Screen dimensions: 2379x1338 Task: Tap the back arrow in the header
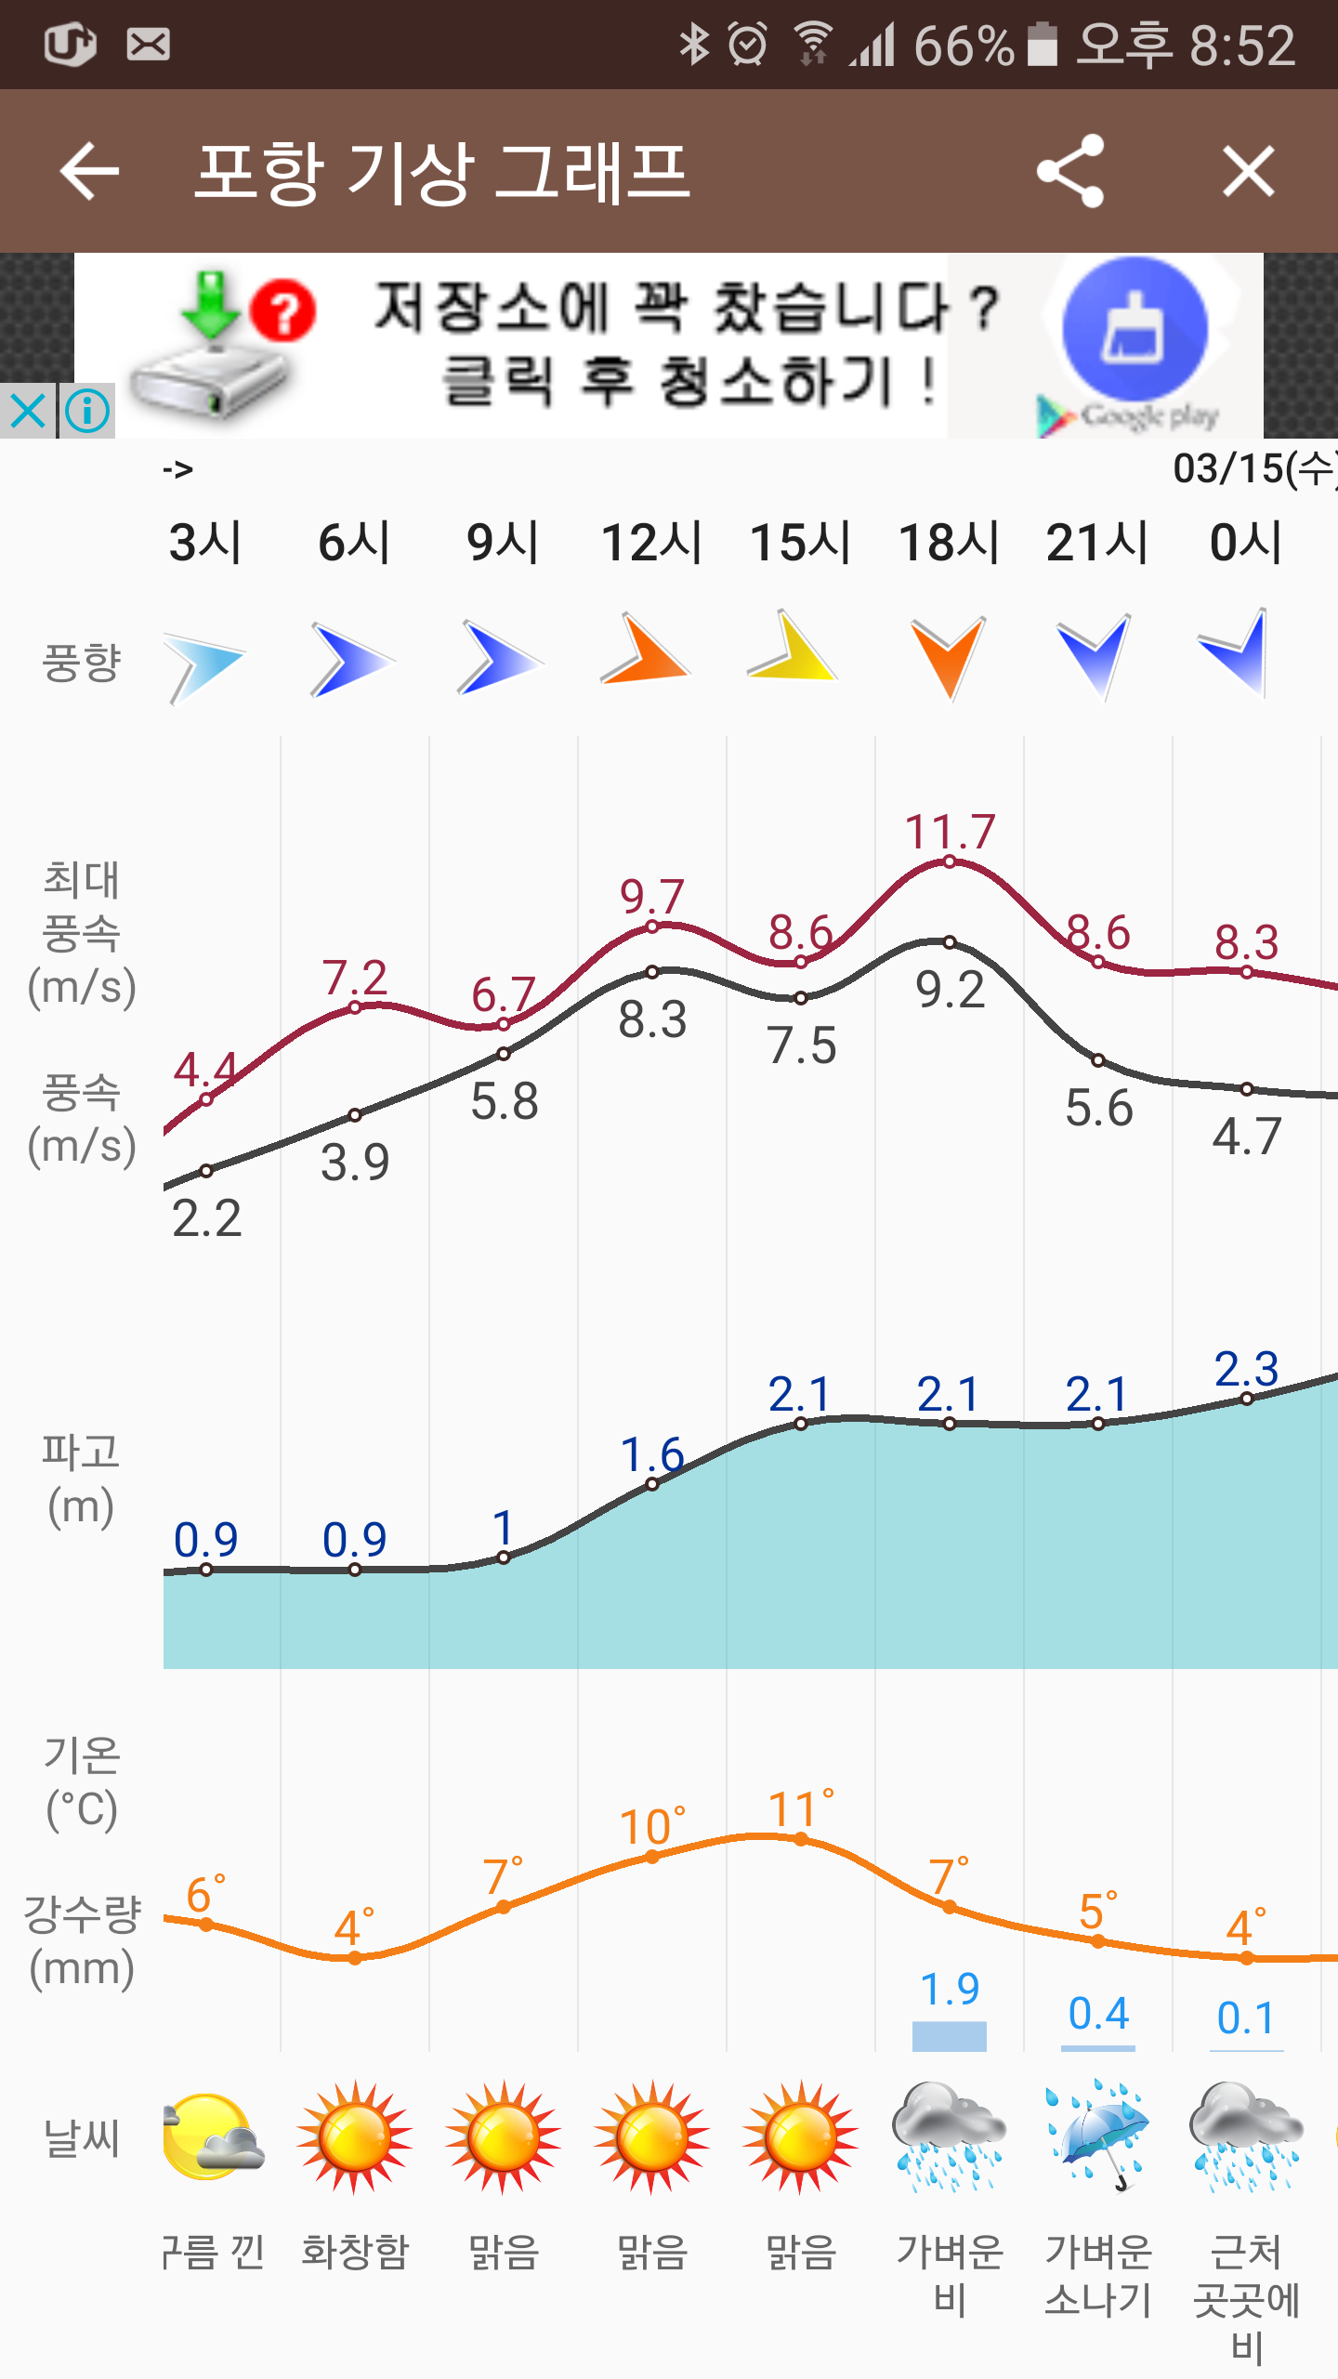pyautogui.click(x=89, y=171)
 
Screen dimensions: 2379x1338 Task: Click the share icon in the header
pyautogui.click(x=1070, y=171)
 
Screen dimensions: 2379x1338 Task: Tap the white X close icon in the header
pyautogui.click(x=1248, y=171)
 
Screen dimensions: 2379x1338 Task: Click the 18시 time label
pyautogui.click(x=949, y=542)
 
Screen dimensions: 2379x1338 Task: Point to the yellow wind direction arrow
pyautogui.click(x=795, y=649)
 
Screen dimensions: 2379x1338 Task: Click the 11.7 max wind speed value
pyautogui.click(x=950, y=831)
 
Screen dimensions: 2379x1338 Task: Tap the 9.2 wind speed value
pyautogui.click(x=950, y=990)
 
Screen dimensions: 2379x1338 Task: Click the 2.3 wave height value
pyautogui.click(x=1247, y=1369)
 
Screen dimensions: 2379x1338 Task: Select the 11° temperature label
pyautogui.click(x=800, y=1809)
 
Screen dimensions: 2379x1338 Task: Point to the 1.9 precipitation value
pyautogui.click(x=950, y=1989)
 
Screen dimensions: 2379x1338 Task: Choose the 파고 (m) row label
pyautogui.click(x=81, y=1478)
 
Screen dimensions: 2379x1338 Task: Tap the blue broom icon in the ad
pyautogui.click(x=1135, y=330)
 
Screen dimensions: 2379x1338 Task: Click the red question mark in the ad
pyautogui.click(x=283, y=310)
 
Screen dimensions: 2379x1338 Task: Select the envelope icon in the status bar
pyautogui.click(x=149, y=45)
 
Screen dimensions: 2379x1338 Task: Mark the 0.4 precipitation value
pyautogui.click(x=1098, y=2014)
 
